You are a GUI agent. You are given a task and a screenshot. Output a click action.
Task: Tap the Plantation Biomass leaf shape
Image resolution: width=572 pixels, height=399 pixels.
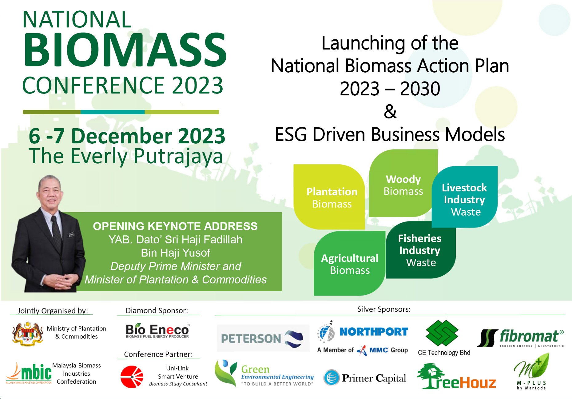[x=329, y=197]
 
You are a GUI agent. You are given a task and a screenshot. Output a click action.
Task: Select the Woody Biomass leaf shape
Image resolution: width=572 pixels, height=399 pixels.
[x=403, y=183]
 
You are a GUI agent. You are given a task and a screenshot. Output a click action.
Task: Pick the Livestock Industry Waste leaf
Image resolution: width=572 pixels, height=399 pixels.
[x=465, y=197]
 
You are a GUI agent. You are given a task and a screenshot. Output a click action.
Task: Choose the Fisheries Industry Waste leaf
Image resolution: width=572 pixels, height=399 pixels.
[x=420, y=250]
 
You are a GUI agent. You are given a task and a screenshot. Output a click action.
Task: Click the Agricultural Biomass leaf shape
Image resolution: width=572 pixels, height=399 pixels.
[x=349, y=264]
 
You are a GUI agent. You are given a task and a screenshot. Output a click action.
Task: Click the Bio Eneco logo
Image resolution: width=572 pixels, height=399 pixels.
[x=158, y=331]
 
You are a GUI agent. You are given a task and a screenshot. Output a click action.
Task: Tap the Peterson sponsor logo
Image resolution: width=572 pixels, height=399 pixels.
[x=263, y=338]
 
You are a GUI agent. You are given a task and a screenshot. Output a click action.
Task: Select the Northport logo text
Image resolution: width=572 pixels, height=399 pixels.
[x=374, y=332]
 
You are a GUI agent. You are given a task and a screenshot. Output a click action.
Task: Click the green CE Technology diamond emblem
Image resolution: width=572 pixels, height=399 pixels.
[x=442, y=333]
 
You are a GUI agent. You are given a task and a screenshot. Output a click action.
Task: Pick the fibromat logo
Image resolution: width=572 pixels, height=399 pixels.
[x=521, y=338]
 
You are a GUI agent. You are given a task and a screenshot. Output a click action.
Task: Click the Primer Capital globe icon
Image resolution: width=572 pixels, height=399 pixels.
[x=332, y=377]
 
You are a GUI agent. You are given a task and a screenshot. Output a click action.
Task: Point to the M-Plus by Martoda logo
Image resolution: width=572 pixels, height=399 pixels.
[x=532, y=372]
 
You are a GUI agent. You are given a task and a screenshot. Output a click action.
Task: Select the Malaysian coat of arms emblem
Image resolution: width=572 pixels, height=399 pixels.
[x=27, y=334]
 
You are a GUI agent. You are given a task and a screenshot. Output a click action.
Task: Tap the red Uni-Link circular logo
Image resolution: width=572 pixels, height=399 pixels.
[x=132, y=377]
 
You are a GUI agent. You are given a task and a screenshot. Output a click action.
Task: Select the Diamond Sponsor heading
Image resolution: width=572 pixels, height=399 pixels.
[x=157, y=310]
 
